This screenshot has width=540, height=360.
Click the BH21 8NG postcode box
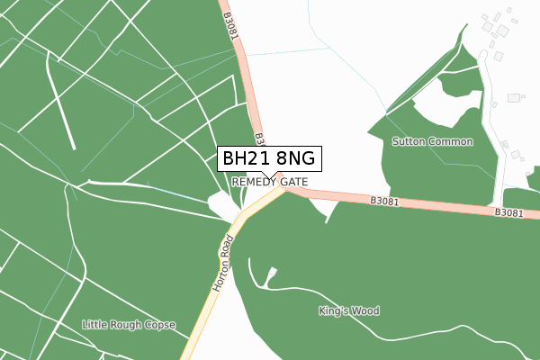(x=268, y=158)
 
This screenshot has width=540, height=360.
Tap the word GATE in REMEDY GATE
(x=294, y=182)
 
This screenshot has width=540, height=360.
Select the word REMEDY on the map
(x=255, y=182)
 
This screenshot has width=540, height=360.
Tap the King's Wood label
(x=349, y=311)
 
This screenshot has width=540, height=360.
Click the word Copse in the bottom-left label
(x=159, y=324)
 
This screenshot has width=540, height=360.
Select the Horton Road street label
(x=222, y=262)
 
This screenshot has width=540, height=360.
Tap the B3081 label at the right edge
(x=508, y=212)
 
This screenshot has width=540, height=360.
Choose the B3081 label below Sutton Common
(x=384, y=202)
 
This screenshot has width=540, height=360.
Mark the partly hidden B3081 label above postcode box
(x=258, y=139)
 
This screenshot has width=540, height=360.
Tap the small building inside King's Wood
(x=273, y=272)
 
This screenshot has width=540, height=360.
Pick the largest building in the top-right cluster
(x=501, y=30)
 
